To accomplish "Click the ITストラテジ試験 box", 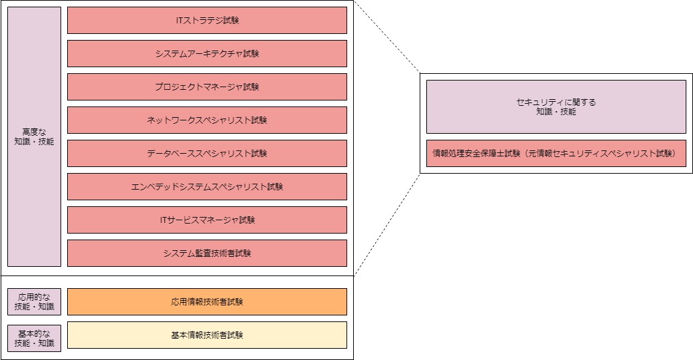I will (207, 20).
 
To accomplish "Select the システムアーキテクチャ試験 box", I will (207, 53).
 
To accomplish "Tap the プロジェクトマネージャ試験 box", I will (207, 87).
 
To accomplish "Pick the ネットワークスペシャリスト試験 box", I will (207, 120).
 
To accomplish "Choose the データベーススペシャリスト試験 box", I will (207, 153).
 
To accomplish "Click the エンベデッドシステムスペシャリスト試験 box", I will (207, 186).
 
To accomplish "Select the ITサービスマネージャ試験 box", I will (207, 220).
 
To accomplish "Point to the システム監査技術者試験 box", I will (207, 253).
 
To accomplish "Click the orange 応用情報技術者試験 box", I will (207, 301).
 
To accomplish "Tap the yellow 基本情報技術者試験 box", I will (207, 335).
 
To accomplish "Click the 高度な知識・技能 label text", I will (34, 136).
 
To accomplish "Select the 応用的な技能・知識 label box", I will (34, 301).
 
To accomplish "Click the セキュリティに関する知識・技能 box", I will (555, 106).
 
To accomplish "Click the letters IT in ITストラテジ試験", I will (179, 20).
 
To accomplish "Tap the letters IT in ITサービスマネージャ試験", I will (164, 220).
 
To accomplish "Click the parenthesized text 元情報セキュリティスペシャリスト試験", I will (601, 153).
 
